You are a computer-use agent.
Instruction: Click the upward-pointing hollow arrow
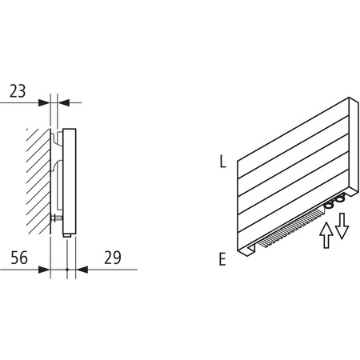tap(325, 236)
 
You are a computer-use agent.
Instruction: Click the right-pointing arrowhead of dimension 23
tap(46, 102)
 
